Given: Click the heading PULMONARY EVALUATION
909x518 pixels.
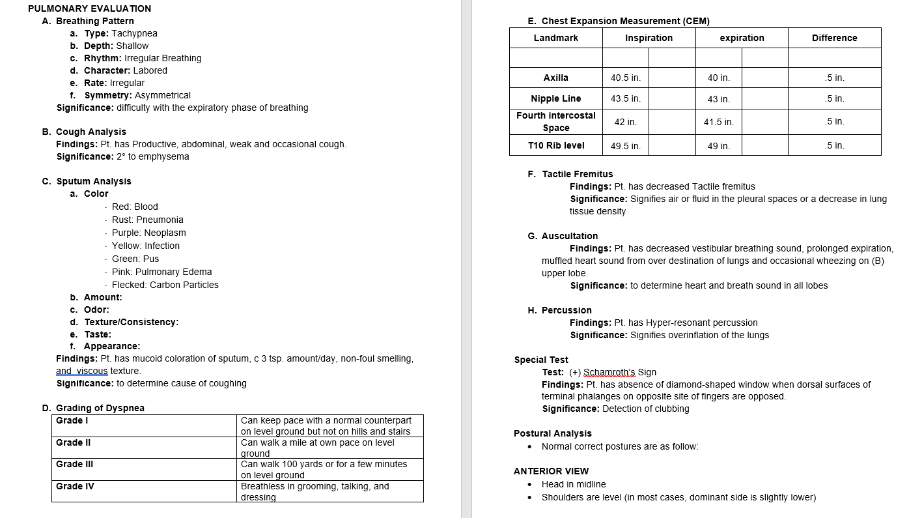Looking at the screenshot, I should (x=89, y=8).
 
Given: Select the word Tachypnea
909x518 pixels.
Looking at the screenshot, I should (x=134, y=33).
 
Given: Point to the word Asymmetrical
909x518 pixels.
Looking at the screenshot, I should (x=163, y=95).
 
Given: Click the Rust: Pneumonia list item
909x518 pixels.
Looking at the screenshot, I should (x=147, y=220).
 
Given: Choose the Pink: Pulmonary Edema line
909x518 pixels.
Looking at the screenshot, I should (x=161, y=272).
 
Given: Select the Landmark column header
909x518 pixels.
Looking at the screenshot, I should (x=555, y=38).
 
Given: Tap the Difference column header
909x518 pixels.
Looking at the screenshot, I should (x=834, y=38).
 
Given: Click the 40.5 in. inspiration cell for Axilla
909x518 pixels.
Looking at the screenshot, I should (x=625, y=78).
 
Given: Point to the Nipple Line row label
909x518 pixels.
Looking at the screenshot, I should (x=555, y=98).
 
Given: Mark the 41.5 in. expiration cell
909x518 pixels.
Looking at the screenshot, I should (x=718, y=122).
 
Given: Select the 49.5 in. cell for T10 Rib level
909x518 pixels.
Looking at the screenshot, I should (x=625, y=146).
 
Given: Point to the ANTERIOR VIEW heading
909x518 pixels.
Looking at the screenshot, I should (x=551, y=471).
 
